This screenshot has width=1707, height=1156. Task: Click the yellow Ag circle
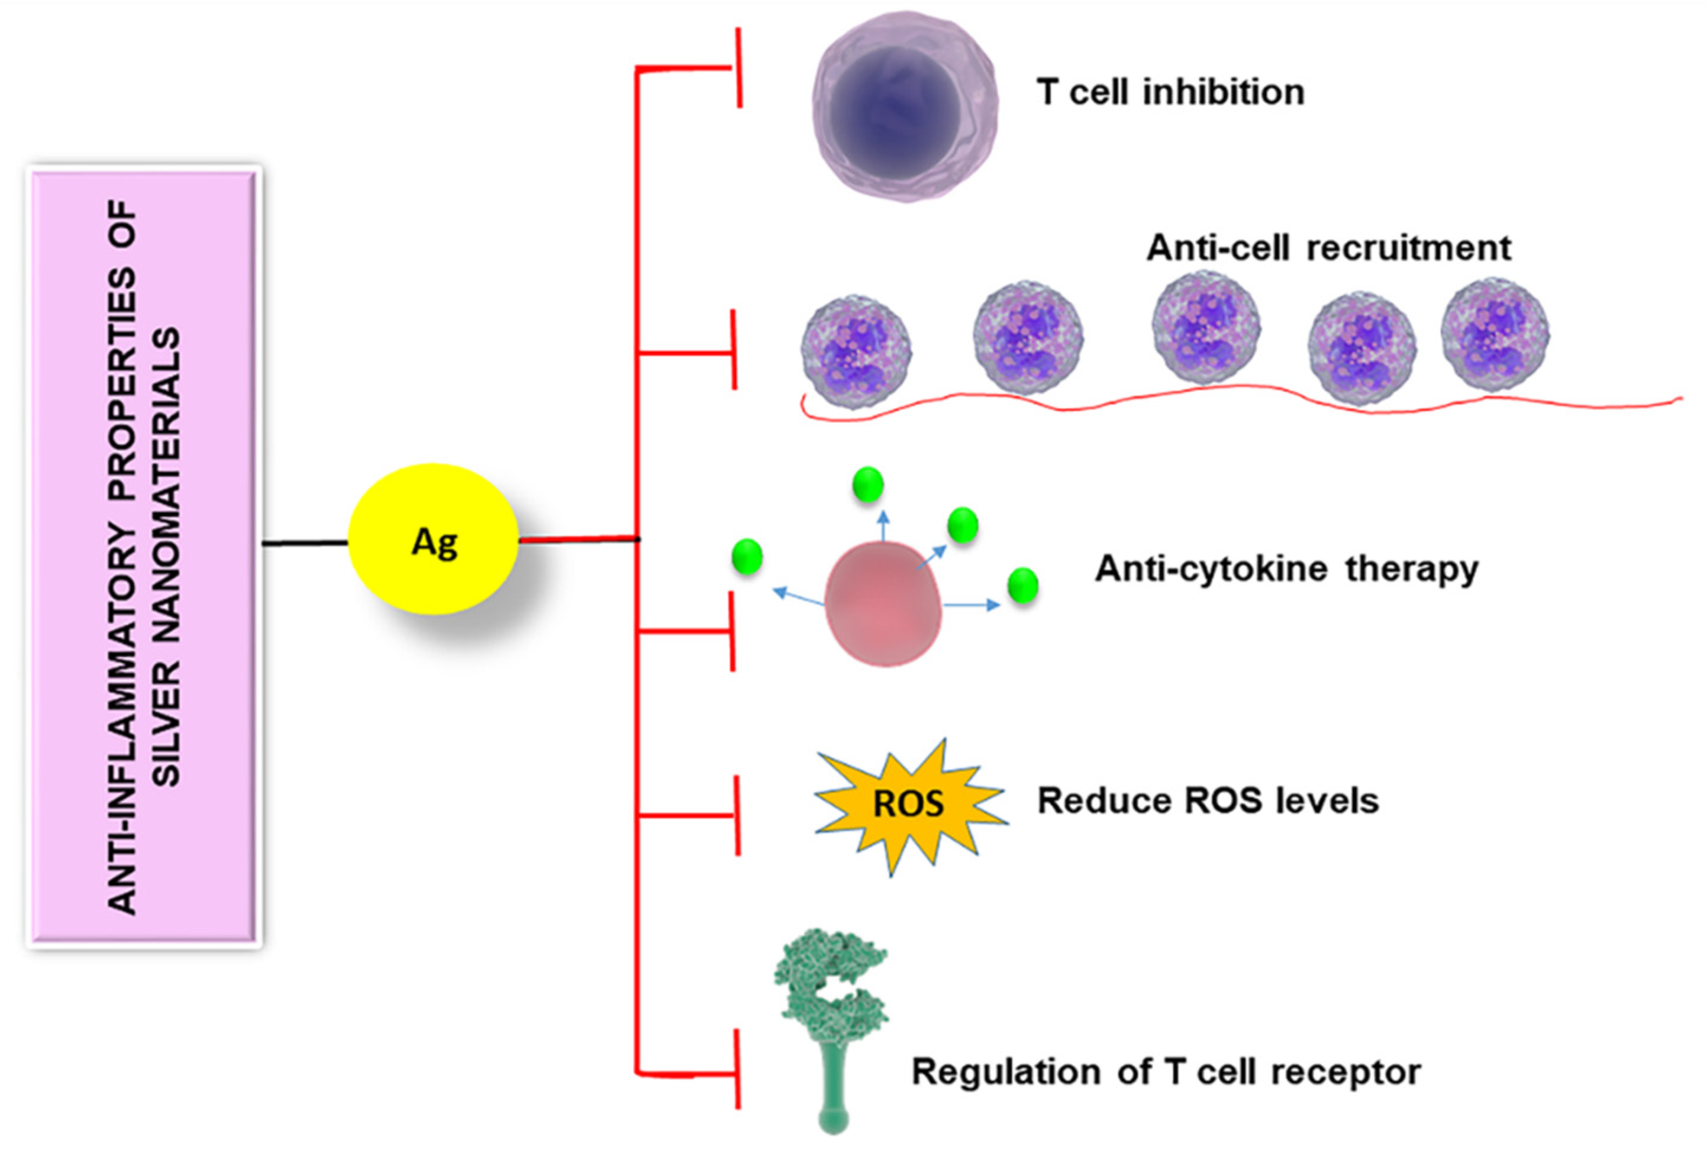click(433, 539)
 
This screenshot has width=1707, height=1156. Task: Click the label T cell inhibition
click(1170, 92)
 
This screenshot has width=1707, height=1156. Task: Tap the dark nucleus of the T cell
click(894, 110)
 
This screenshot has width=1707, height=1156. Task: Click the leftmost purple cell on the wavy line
click(856, 350)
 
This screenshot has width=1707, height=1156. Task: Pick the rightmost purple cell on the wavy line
click(1495, 335)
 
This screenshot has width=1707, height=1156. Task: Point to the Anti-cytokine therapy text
click(1286, 569)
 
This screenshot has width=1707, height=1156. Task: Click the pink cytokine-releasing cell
click(882, 603)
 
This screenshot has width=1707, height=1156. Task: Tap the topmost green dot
click(867, 485)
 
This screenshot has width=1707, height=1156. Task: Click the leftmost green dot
click(747, 556)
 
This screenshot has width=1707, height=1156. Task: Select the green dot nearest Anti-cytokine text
click(1022, 585)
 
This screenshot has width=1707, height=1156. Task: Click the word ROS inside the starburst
click(908, 803)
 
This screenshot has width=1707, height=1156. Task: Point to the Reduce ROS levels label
click(1208, 800)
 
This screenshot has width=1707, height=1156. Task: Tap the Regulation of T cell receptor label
click(1166, 1071)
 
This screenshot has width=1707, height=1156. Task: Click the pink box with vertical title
click(144, 556)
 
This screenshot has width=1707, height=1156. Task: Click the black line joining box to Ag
click(305, 543)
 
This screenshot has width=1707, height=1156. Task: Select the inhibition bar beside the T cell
click(739, 68)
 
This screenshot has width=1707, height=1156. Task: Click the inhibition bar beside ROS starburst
click(737, 815)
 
